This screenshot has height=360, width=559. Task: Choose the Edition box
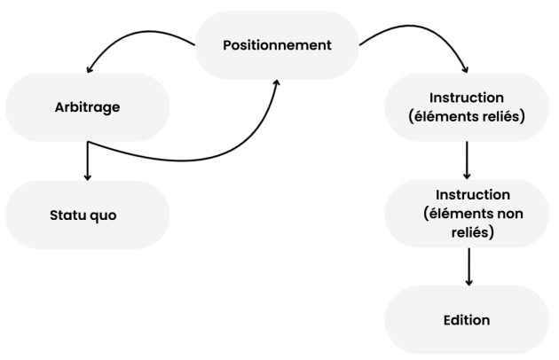[468, 320]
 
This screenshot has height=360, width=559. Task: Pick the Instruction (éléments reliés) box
[468, 106]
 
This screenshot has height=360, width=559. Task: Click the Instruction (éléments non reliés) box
[468, 214]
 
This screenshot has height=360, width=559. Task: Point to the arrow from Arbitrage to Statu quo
[88, 160]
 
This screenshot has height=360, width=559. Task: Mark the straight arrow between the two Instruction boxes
[468, 160]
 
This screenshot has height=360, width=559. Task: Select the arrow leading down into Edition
[468, 266]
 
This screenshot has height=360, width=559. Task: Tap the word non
[511, 214]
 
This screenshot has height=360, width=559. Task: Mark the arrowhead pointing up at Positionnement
[277, 82]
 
